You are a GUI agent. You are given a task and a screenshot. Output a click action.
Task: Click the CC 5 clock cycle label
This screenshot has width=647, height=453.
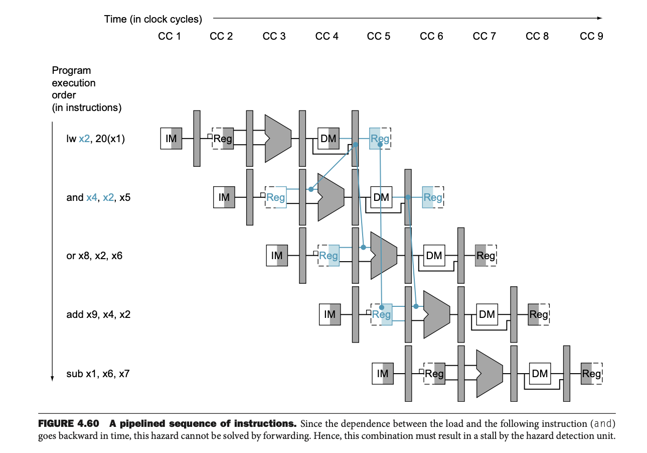tap(378, 36)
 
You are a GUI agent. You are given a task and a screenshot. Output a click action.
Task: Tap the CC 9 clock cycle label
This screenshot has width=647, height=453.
tap(591, 36)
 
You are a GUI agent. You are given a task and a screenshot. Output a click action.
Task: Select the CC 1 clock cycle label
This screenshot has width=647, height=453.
tap(169, 36)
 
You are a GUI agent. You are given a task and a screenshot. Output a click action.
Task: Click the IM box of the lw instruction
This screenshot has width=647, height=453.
tap(171, 139)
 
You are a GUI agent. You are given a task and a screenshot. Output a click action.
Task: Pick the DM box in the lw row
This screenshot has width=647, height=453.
tap(329, 139)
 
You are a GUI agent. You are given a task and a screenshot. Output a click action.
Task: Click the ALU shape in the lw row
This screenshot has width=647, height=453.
tap(277, 138)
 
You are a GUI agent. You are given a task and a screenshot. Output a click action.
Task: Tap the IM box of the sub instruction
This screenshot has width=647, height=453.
tap(383, 374)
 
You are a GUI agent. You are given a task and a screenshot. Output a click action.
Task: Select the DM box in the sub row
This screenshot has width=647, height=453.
tap(540, 374)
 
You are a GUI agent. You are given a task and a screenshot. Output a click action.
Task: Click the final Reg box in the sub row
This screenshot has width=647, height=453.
tap(591, 374)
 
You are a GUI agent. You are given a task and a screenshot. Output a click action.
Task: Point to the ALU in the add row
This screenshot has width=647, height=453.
tap(436, 314)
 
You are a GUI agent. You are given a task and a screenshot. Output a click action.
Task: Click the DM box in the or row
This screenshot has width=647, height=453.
tap(434, 256)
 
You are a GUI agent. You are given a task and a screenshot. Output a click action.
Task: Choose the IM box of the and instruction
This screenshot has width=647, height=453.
tap(224, 197)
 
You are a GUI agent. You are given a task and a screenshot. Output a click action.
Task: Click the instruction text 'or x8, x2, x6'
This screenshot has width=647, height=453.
tap(94, 256)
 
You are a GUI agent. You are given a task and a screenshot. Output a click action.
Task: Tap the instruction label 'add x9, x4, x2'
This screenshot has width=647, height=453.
tap(98, 315)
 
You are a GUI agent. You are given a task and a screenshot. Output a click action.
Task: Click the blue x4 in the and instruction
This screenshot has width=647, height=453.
tap(92, 197)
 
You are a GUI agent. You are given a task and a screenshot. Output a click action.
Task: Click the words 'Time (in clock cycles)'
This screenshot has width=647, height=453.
tap(153, 19)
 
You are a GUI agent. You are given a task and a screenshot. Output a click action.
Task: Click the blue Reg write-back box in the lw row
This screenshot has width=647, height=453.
tap(380, 139)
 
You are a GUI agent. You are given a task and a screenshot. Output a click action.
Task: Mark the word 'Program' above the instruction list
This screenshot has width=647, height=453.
tap(71, 71)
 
